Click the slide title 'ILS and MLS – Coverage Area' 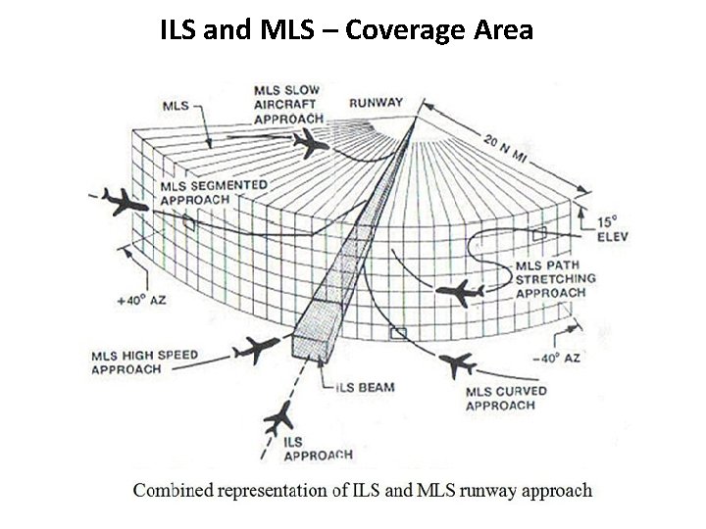[346, 29]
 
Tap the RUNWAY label [376, 102]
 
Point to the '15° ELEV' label [610, 229]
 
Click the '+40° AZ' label [142, 299]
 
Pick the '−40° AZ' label [555, 359]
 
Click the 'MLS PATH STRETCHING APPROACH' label [556, 278]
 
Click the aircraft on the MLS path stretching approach [457, 291]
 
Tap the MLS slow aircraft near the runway [312, 145]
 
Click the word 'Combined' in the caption [176, 490]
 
